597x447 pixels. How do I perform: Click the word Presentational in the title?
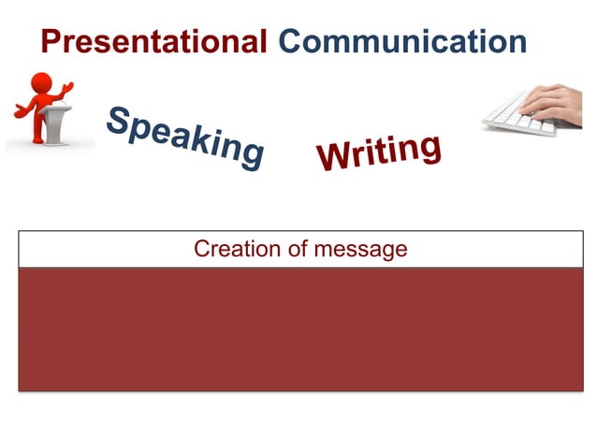tap(154, 41)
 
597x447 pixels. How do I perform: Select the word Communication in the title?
tap(402, 41)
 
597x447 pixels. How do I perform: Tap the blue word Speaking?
tap(184, 137)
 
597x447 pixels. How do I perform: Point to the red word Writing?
tap(379, 152)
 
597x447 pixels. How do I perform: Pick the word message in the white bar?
tap(362, 250)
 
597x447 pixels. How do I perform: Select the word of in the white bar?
tap(296, 250)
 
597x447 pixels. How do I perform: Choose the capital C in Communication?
tap(292, 41)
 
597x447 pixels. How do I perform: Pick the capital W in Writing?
tap(334, 160)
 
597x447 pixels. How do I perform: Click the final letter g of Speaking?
tap(250, 157)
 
